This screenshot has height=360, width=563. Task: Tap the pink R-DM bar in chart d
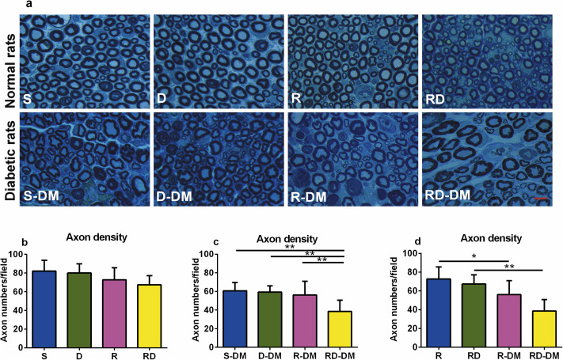(506, 317)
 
